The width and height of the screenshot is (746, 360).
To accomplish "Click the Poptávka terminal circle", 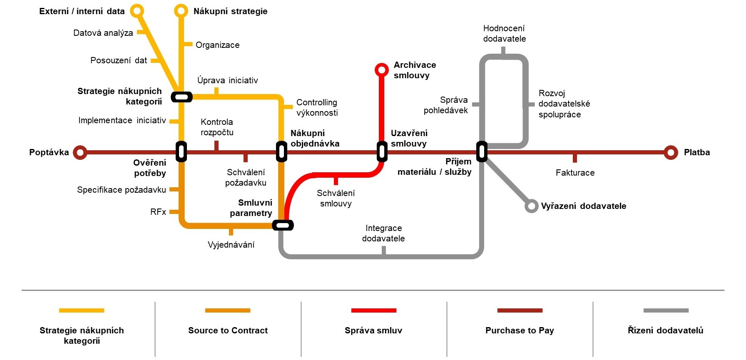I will (80, 152).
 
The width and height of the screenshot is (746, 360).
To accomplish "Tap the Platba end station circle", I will (671, 152).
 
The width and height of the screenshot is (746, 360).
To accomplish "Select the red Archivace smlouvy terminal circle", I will (381, 70).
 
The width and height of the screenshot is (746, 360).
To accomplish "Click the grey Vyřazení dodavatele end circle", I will (531, 206).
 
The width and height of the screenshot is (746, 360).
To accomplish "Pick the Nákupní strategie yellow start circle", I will (181, 11).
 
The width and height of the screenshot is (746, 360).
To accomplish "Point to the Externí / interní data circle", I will (137, 11).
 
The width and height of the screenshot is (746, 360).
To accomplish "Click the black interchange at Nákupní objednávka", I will (282, 151).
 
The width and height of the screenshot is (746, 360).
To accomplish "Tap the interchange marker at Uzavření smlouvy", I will (382, 151).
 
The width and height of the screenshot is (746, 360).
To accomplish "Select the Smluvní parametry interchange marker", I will (283, 225).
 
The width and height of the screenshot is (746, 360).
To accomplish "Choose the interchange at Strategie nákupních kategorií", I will (182, 97).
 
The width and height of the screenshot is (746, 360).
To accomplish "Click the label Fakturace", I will (575, 173).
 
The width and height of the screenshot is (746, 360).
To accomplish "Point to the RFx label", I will (158, 212).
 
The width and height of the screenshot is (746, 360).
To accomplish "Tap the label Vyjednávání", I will (231, 245).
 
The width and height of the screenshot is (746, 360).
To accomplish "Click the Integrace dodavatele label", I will (383, 233).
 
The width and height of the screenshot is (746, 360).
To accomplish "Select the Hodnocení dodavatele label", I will (505, 33).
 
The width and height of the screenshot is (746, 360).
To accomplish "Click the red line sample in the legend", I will (373, 310).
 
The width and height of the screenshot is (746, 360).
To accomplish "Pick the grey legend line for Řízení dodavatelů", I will (666, 310).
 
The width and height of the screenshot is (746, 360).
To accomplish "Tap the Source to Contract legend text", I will (228, 330).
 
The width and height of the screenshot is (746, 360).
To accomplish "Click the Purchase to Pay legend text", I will (520, 330).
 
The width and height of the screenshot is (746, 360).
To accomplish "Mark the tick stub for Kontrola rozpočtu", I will (216, 146).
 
